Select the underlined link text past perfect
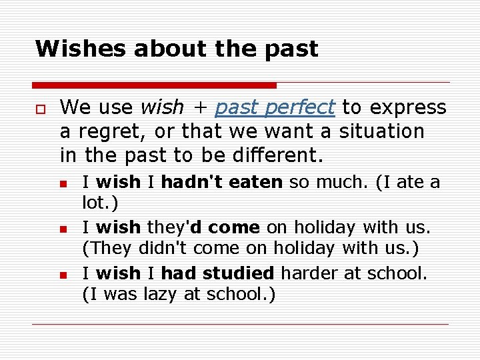(275, 107)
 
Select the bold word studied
(238, 273)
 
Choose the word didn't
(162, 249)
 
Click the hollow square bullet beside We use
(40, 108)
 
